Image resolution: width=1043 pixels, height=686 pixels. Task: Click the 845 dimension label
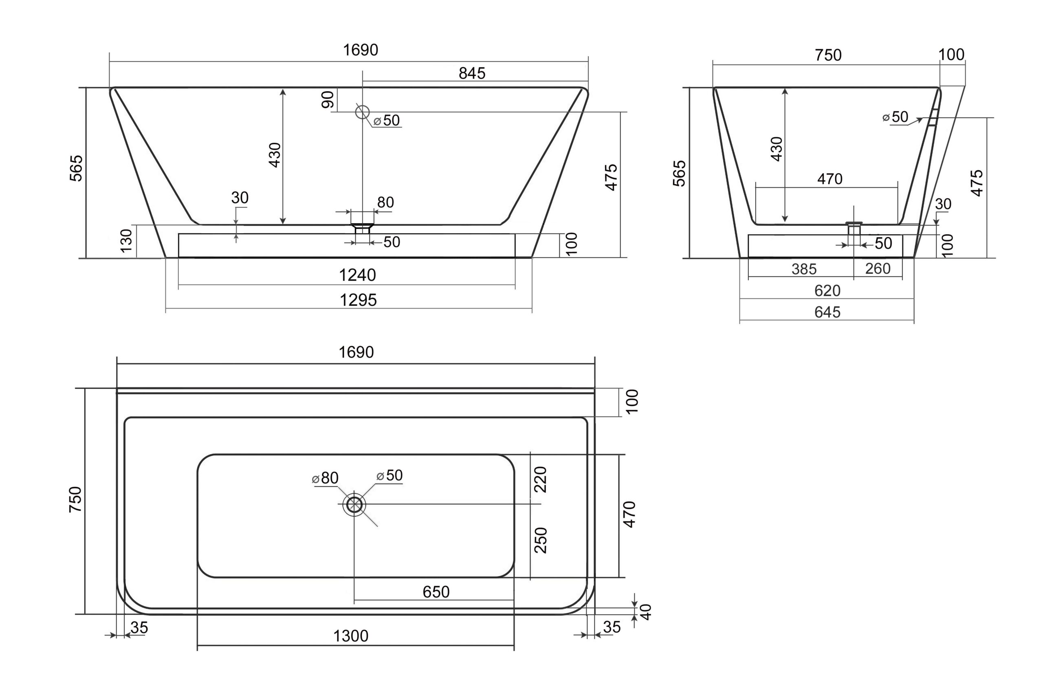click(x=472, y=73)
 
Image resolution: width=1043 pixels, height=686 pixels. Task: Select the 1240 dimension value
click(x=358, y=275)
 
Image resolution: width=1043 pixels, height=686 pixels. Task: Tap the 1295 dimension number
click(x=359, y=300)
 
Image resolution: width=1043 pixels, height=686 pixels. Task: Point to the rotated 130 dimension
click(x=126, y=240)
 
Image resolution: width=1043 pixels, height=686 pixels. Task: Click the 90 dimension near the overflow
click(x=328, y=99)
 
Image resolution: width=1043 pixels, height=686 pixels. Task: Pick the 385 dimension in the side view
click(x=804, y=269)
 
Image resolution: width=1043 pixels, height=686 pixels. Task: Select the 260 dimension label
click(x=878, y=268)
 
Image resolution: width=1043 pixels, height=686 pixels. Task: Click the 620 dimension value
click(x=827, y=290)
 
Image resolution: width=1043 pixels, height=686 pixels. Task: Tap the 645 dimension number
click(x=827, y=312)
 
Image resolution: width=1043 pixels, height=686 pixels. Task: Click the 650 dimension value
click(x=436, y=592)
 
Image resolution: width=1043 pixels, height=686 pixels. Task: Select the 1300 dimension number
click(x=351, y=635)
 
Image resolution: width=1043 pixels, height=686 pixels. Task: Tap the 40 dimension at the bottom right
click(x=646, y=611)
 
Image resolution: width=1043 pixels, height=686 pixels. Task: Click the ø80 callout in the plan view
click(x=325, y=478)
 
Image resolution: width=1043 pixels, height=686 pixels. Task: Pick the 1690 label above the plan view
click(x=356, y=352)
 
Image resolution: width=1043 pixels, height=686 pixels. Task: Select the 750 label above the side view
click(x=828, y=55)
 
